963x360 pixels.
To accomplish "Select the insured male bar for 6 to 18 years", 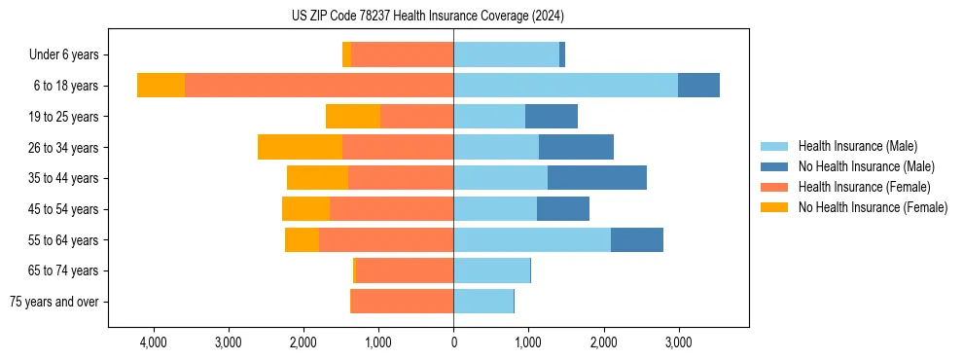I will tap(565, 86).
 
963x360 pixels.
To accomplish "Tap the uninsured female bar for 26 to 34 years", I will tap(300, 147).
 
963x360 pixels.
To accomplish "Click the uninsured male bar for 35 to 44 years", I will tap(597, 178).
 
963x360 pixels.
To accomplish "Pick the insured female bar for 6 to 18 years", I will tap(319, 86).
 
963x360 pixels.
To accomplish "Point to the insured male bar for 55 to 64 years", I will tap(532, 239).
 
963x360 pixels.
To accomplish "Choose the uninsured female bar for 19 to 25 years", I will tap(353, 117).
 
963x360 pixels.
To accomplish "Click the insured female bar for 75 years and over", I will tap(402, 302).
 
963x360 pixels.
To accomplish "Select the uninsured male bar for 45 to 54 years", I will tap(563, 209).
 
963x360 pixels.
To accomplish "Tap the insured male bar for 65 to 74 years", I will tap(491, 270).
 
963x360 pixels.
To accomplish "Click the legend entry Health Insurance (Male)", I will tap(857, 146).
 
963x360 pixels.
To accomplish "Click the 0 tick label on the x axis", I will tap(453, 343).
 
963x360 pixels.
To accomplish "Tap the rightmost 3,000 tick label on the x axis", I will tap(678, 343).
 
